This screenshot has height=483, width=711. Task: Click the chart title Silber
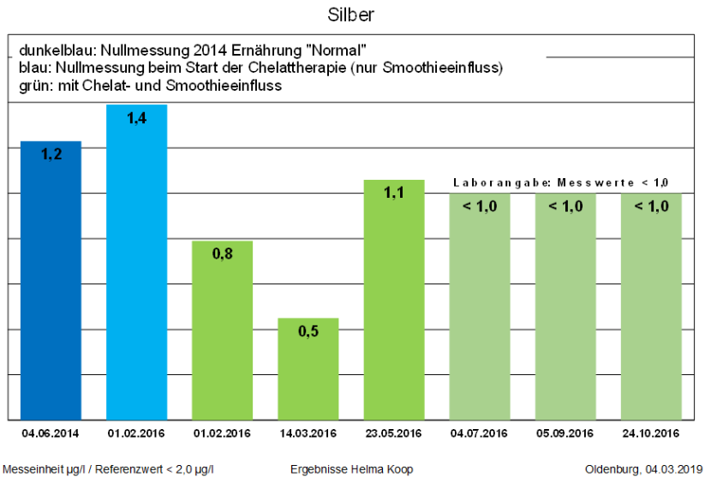coord(351,15)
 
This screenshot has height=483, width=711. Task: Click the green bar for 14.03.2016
coord(308,368)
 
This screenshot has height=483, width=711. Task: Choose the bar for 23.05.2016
coord(394,299)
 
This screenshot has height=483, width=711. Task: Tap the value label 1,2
coord(51,155)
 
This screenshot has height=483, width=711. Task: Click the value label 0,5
coord(308,331)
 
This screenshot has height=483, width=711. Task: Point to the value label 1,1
coord(394,194)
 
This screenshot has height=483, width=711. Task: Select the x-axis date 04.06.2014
coord(51,433)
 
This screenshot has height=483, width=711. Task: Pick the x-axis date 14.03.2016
coord(308,433)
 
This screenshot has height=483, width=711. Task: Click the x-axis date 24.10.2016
coord(651,433)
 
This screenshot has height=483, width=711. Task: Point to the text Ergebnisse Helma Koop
coord(352,469)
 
